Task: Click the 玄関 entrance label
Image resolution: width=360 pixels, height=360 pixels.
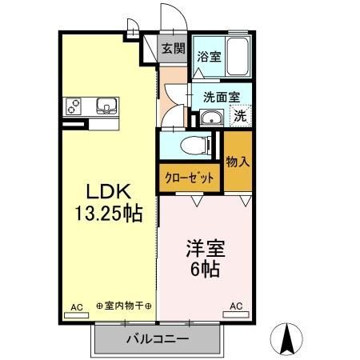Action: click(x=174, y=49)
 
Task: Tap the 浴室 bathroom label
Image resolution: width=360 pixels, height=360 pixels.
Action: click(x=209, y=57)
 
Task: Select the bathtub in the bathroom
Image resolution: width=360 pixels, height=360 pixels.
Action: click(x=238, y=57)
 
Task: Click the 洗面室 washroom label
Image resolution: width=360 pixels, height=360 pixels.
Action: click(x=222, y=98)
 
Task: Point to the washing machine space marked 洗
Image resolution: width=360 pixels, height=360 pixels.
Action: click(x=240, y=116)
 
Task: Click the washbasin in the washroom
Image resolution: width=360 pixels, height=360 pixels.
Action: click(x=212, y=118)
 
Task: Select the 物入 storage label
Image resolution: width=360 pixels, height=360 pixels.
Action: click(x=238, y=162)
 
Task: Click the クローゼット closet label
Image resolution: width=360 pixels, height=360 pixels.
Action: click(x=190, y=178)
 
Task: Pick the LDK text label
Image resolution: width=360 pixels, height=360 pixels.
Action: click(x=109, y=191)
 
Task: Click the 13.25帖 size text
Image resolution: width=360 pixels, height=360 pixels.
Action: click(x=109, y=214)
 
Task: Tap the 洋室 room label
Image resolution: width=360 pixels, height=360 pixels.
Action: click(x=206, y=249)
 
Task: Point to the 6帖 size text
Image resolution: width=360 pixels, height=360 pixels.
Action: click(x=205, y=269)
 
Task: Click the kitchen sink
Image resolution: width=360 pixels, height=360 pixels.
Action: click(x=106, y=106)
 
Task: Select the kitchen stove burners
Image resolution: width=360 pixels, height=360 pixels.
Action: click(x=74, y=106)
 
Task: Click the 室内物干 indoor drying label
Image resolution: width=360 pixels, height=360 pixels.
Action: click(x=124, y=306)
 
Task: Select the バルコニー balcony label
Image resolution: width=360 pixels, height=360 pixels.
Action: click(x=158, y=339)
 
